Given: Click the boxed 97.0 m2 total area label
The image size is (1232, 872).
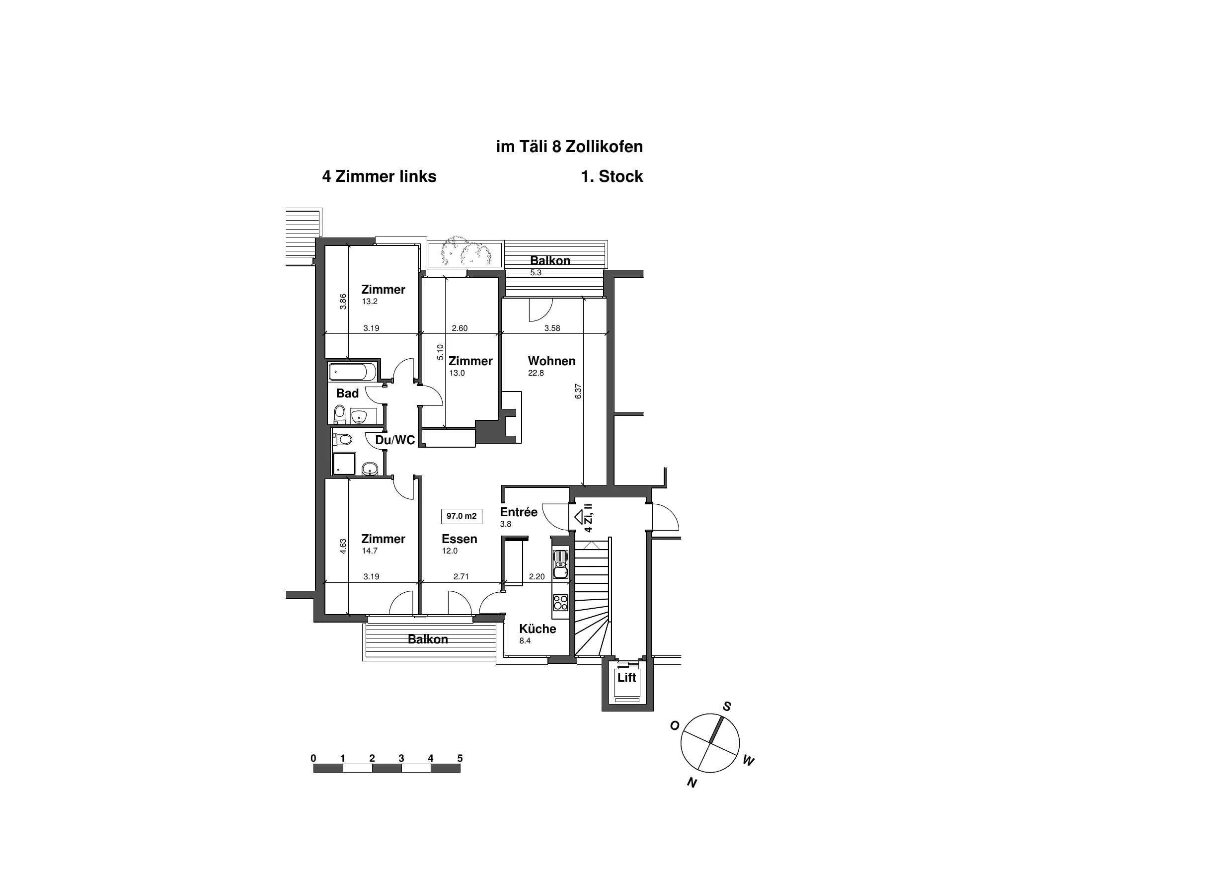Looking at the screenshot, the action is pos(461,516).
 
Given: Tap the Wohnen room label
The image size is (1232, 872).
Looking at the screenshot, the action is pos(551,361).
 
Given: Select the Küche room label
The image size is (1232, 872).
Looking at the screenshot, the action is pos(538,629).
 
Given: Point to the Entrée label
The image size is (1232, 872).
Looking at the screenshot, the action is pos(519,512).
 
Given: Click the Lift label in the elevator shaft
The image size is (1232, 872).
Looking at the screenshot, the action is pos(626,678).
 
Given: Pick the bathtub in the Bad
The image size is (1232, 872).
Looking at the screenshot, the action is pos(352,372).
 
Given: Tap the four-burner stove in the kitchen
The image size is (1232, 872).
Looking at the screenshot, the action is pos(560,603).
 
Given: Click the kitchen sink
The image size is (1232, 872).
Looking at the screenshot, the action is pos(560,564).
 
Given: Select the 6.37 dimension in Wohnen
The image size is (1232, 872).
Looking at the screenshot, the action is pos(578,391).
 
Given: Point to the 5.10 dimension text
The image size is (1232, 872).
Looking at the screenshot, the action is pos(440,352).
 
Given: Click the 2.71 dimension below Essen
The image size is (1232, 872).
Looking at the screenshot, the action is pos(461,577).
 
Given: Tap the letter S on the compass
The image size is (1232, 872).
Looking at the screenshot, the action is pos(727,707).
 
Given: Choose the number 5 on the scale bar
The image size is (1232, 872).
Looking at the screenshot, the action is pos(460,758).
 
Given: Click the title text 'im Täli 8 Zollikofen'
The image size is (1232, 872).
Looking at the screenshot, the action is pos(570,147).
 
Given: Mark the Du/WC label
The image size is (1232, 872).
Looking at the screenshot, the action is pos(395,440).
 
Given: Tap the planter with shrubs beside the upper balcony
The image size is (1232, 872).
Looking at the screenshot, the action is pos(465,253).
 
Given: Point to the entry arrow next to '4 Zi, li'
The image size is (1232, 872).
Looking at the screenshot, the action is pos(579,517).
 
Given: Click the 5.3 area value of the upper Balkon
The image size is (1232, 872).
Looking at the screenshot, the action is pos(536,273).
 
